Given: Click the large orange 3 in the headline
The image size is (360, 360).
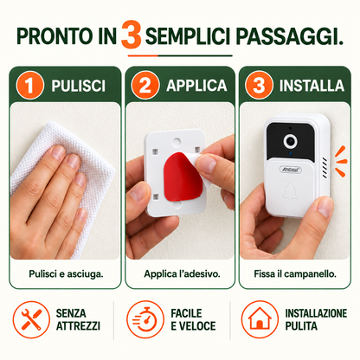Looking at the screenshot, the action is point(132,35).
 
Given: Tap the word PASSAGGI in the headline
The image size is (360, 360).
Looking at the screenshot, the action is point(290,36).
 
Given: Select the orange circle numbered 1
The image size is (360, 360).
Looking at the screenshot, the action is point(29,85).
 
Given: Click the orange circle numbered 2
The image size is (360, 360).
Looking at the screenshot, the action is point(145,85).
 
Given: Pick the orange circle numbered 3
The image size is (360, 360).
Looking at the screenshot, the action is point(259,85).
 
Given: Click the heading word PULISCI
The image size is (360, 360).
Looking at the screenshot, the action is point(78,86).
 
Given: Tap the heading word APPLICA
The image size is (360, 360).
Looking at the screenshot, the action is point(196,86).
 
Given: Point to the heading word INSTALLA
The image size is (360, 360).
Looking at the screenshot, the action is point(312,86).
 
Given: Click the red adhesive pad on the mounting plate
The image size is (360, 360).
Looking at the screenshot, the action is point(182,177).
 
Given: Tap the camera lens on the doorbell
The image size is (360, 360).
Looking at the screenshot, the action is point(290,141).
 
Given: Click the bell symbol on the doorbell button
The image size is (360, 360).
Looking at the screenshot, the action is point(290,192).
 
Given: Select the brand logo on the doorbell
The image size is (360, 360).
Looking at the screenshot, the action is point(290,170).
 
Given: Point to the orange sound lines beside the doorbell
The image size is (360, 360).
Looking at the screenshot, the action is point(341,161).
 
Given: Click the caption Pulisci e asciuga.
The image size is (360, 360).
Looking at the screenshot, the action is point(66,273).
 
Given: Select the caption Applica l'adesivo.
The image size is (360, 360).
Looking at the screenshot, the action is point(182,273).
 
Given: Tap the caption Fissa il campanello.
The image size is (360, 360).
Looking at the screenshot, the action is point(295,273).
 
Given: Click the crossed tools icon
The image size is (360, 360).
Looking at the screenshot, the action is point(31,319).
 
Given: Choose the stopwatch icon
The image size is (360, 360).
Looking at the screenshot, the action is point(145,319).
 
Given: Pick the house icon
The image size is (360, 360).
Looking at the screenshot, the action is point(260,319).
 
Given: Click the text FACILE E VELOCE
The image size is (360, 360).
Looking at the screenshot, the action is point(193,319).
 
